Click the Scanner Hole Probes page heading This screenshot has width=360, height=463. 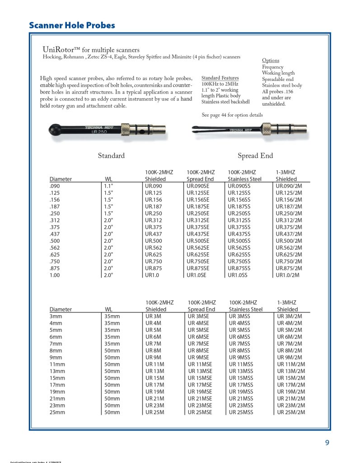[x=72, y=25]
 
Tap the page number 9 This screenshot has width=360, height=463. [x=327, y=443]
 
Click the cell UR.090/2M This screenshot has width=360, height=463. [x=289, y=186]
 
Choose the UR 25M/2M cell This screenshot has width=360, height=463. [x=291, y=412]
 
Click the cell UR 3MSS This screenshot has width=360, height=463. [x=239, y=317]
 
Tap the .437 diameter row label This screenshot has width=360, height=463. [x=56, y=234]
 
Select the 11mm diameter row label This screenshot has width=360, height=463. [x=57, y=364]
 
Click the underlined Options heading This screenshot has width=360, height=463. [x=271, y=61]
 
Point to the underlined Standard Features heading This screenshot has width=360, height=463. [x=220, y=78]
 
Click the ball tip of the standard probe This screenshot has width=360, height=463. [x=56, y=130]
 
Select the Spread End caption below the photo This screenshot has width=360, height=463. [x=255, y=156]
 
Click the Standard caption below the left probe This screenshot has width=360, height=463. [x=111, y=156]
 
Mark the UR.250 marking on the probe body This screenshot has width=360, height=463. [x=99, y=132]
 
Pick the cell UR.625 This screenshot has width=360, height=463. [x=153, y=255]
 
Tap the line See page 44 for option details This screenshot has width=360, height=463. [x=232, y=115]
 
